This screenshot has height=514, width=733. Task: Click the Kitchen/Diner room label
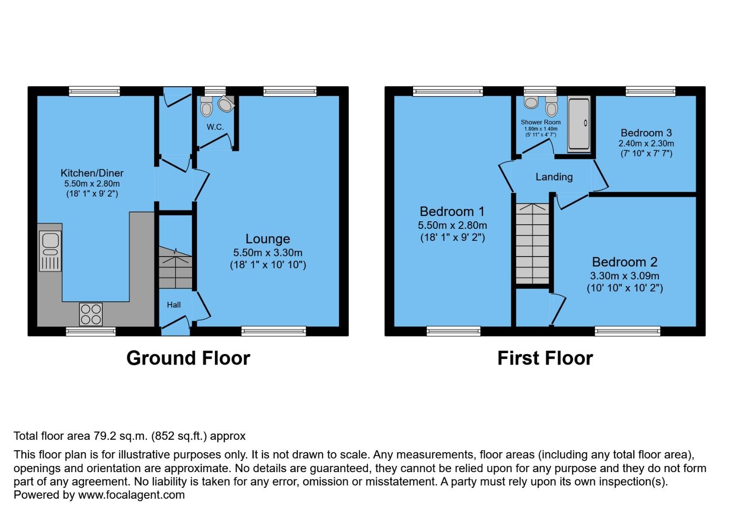pyautogui.click(x=92, y=173)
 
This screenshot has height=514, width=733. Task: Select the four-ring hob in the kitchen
pyautogui.click(x=91, y=314)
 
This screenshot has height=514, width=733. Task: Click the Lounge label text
pyautogui.click(x=268, y=239)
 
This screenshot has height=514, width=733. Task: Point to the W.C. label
pyautogui.click(x=215, y=127)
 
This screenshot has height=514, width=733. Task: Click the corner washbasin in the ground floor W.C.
pyautogui.click(x=225, y=104)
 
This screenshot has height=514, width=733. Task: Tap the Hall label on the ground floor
pyautogui.click(x=174, y=305)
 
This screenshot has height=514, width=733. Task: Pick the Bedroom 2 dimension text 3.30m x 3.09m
pyautogui.click(x=625, y=276)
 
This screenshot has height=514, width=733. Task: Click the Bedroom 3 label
pyautogui.click(x=646, y=133)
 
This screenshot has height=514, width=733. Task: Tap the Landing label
pyautogui.click(x=554, y=177)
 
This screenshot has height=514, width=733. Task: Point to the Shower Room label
pyautogui.click(x=540, y=122)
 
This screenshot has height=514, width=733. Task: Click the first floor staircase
pyautogui.click(x=532, y=244)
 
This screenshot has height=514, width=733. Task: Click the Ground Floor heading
pyautogui.click(x=188, y=358)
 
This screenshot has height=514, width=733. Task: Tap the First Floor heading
pyautogui.click(x=545, y=358)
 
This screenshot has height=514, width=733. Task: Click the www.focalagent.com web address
pyautogui.click(x=131, y=495)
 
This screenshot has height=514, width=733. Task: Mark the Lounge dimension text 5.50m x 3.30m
pyautogui.click(x=268, y=253)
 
